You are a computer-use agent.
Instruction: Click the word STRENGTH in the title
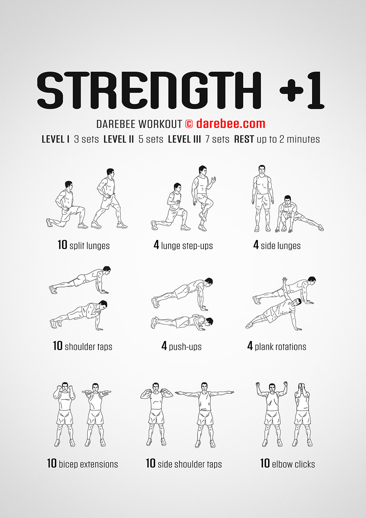[x=150, y=91]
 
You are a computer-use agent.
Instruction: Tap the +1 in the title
[x=302, y=91]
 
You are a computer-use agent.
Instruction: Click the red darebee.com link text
[x=231, y=124]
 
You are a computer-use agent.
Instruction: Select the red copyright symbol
[x=189, y=124]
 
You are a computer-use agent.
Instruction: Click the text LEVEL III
[x=184, y=139]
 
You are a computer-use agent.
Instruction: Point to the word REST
[x=244, y=139]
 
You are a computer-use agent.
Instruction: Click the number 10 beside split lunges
[x=62, y=245]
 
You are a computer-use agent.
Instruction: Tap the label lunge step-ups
[x=187, y=246]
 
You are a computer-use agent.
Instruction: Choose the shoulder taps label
[x=88, y=347]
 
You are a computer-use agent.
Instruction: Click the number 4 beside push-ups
[x=164, y=346]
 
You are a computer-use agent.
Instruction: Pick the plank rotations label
[x=280, y=347]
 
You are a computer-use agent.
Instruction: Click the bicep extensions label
[x=88, y=464]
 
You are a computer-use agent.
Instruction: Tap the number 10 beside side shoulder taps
[x=150, y=464]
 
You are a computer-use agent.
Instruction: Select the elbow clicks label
[x=293, y=464]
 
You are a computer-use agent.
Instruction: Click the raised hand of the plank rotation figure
[x=285, y=280]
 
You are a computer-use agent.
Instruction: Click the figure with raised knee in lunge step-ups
[x=203, y=197]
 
